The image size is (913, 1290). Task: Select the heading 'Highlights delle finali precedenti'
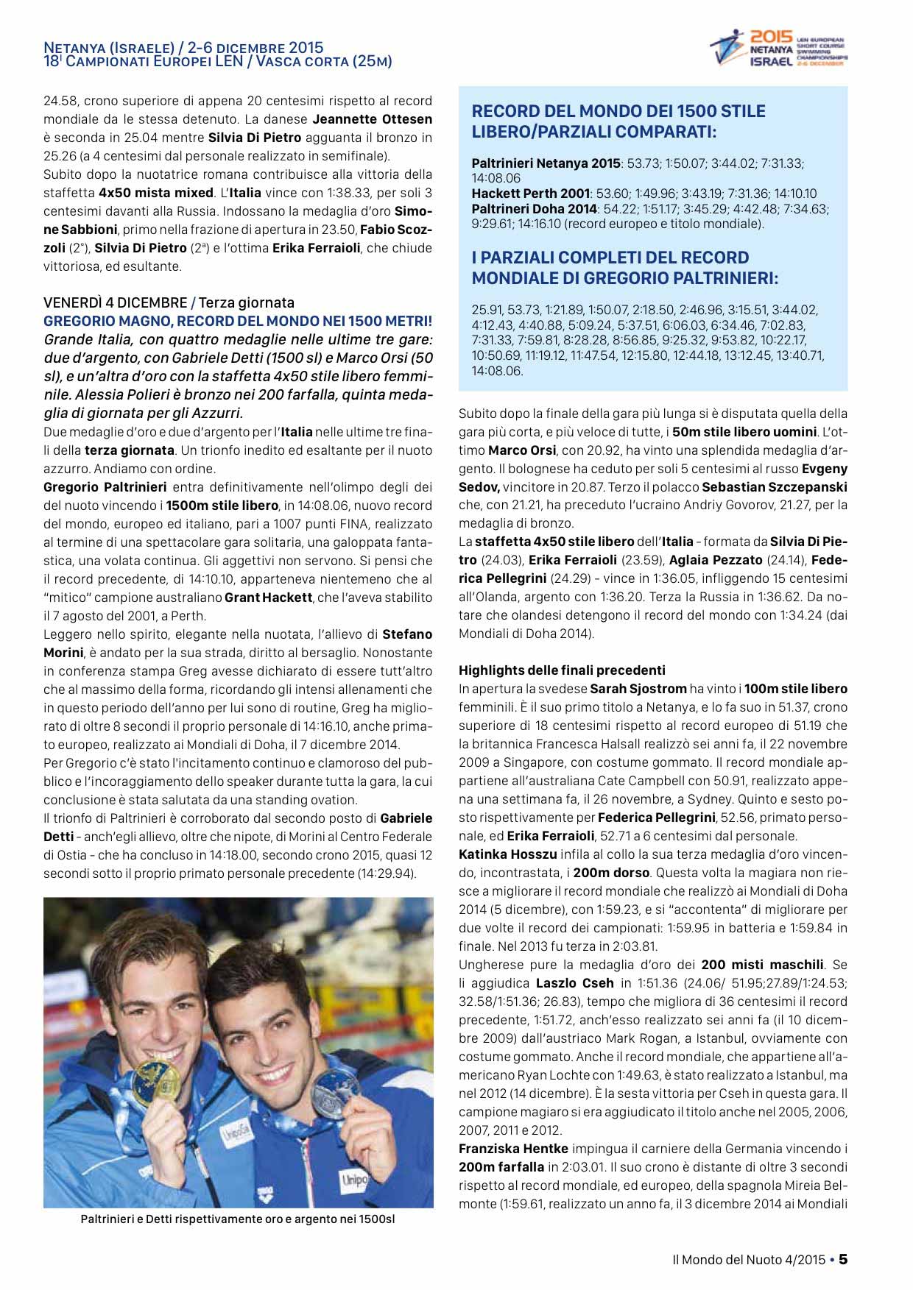562,670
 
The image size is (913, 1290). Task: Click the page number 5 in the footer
843,1259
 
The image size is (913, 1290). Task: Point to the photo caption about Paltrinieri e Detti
238,1219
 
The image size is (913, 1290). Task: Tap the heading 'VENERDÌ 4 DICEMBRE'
115,302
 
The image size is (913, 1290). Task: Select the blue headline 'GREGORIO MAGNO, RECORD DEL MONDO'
238,321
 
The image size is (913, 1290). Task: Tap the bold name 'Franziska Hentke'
513,1149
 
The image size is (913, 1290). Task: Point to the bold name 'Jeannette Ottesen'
372,119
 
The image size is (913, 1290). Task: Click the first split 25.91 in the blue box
487,311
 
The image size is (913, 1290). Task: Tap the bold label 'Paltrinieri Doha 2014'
534,209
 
